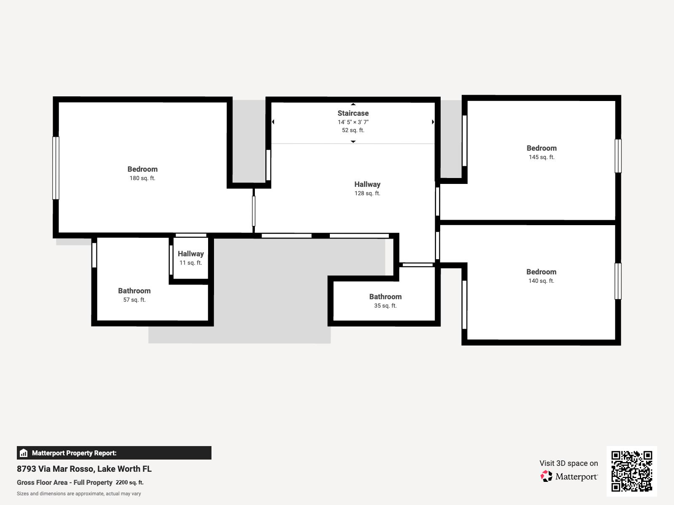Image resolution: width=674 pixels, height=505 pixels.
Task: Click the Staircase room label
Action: (353, 113)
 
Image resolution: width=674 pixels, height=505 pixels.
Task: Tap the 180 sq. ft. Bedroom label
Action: (142, 169)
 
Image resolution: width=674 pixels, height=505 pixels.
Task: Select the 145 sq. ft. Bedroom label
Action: (541, 148)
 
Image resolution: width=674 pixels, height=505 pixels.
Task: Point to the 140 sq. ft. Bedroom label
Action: (541, 272)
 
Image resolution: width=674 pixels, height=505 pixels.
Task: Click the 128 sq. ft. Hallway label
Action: (367, 184)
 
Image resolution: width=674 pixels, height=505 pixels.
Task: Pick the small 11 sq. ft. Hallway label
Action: (190, 254)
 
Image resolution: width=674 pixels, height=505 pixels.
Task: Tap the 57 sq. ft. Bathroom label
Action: (134, 291)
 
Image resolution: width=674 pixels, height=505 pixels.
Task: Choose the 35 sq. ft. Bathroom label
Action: (385, 297)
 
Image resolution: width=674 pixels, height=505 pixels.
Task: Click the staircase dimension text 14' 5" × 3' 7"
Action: (353, 122)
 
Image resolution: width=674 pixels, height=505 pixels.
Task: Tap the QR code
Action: (631, 471)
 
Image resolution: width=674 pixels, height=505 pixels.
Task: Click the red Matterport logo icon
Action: (546, 476)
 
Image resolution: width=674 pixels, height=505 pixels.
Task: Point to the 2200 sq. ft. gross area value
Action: (129, 482)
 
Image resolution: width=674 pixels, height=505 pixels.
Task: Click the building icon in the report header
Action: (24, 453)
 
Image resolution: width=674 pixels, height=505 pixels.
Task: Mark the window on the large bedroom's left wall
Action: (56, 168)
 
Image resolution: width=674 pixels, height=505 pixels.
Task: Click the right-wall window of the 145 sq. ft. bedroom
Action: (618, 156)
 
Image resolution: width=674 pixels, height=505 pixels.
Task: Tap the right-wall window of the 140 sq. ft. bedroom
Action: (618, 281)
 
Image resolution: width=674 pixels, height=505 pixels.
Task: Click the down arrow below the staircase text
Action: (353, 142)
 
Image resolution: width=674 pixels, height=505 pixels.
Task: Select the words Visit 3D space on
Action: (568, 463)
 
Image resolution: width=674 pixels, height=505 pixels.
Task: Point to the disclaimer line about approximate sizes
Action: (79, 494)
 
